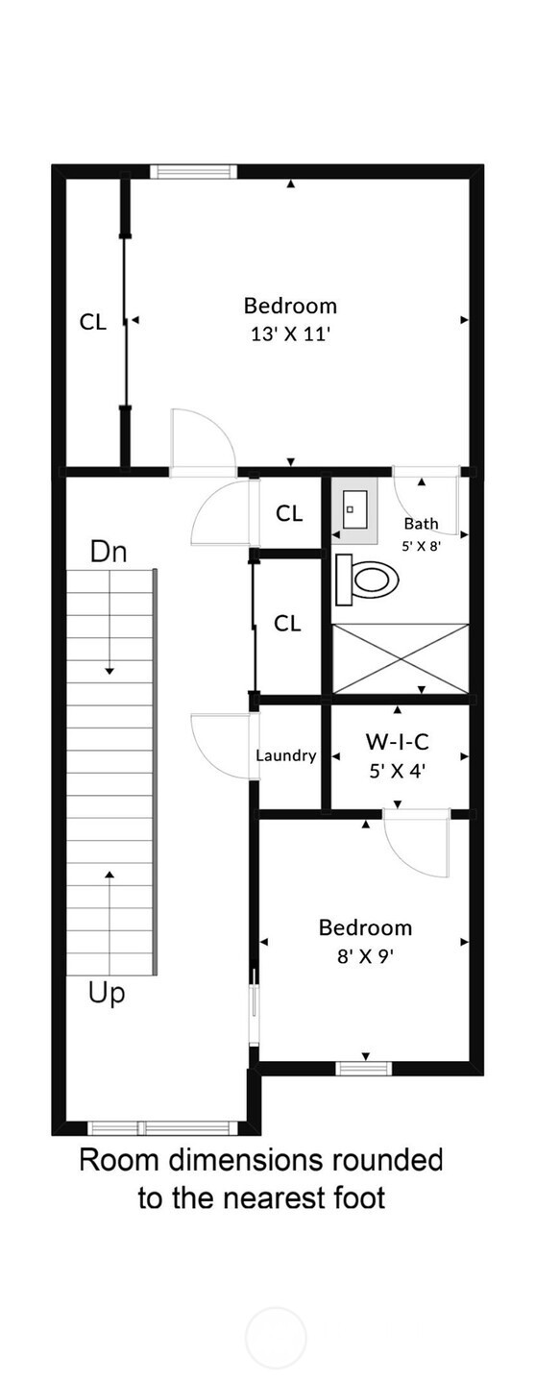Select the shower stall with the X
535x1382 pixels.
[401, 659]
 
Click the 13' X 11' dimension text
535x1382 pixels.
[291, 334]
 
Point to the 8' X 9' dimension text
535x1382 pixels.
[365, 957]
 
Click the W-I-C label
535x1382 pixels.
[398, 742]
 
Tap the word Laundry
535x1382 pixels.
[286, 755]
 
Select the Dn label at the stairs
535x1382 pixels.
[109, 552]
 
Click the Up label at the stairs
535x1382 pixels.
[107, 994]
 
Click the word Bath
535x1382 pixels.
[422, 524]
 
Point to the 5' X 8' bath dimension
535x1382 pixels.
[422, 545]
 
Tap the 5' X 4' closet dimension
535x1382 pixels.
[398, 771]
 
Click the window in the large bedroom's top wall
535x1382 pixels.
[193, 171]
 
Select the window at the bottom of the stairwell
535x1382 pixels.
[162, 1128]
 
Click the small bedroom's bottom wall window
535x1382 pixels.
[364, 1068]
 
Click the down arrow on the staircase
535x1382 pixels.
[109, 622]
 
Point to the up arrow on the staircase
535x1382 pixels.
[109, 921]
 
